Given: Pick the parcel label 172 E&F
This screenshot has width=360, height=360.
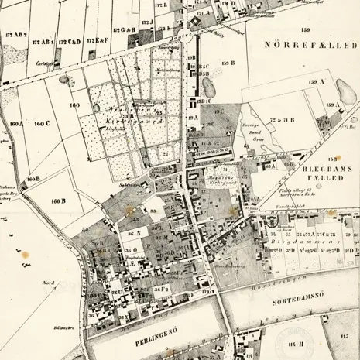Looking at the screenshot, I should coord(98,39).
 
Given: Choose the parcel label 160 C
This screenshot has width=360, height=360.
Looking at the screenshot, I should coord(41,123).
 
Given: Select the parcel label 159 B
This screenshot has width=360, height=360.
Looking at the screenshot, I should coord(228,63).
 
